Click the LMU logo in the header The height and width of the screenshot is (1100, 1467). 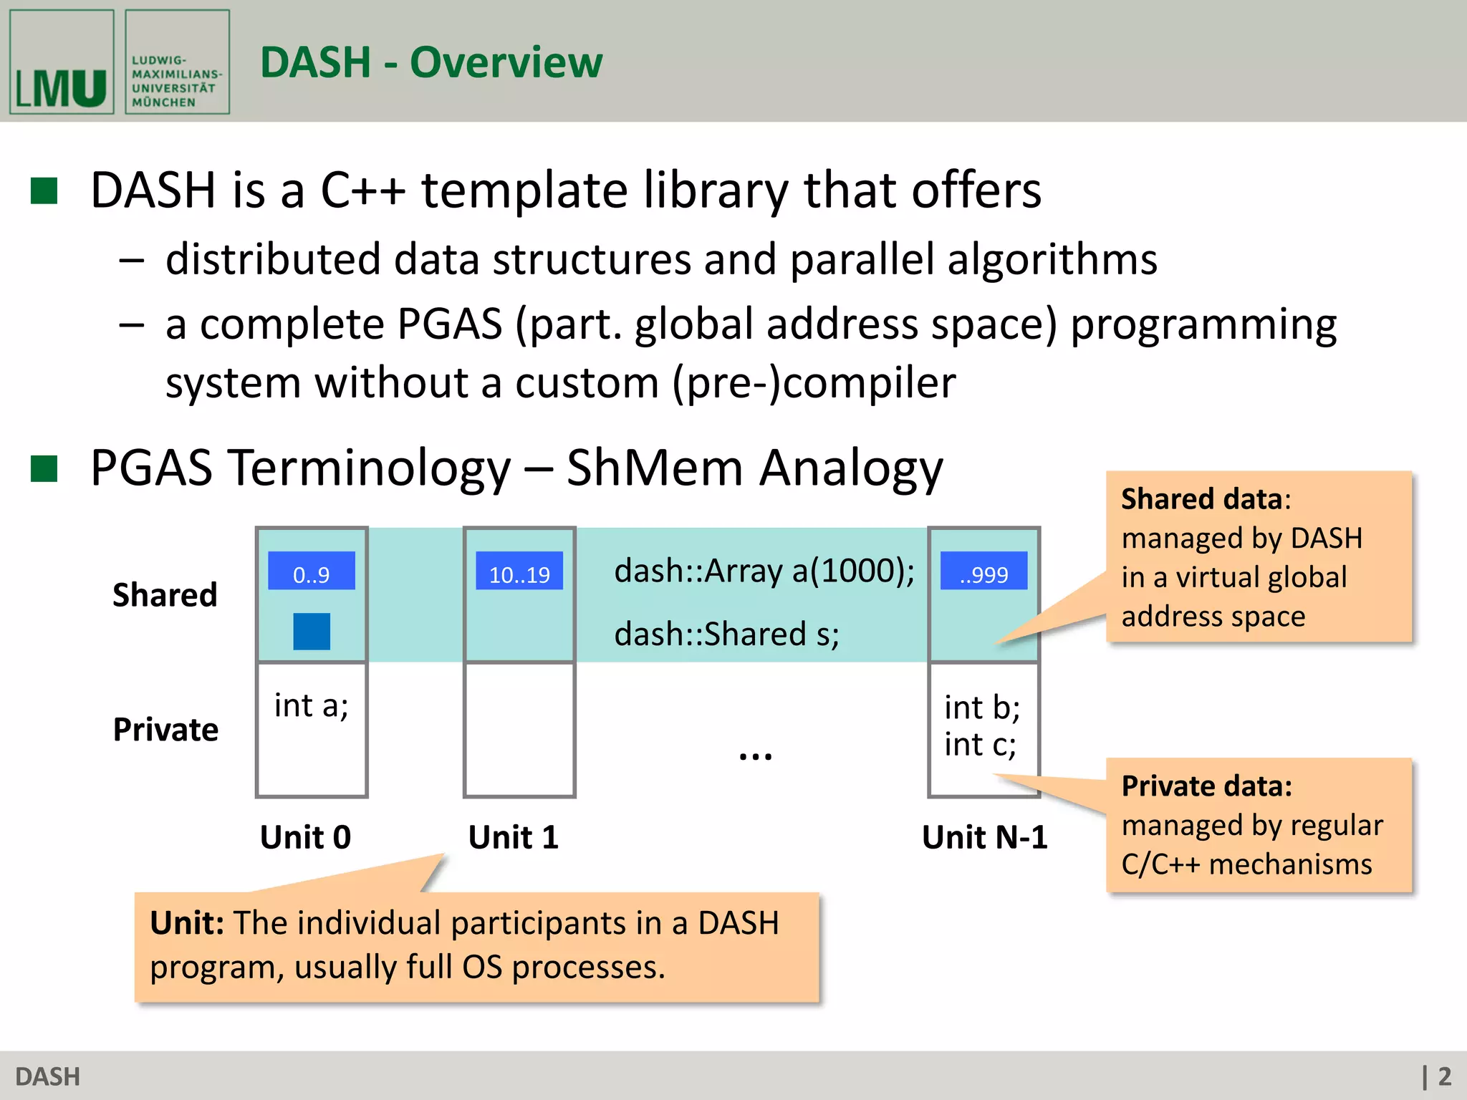(x=62, y=62)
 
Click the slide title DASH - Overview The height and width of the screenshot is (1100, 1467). (x=431, y=62)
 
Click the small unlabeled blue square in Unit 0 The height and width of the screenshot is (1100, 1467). (x=311, y=631)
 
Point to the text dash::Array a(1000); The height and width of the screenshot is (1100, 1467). (x=764, y=571)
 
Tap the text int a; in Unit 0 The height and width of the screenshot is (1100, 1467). (x=311, y=706)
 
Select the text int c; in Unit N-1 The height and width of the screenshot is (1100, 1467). (x=979, y=745)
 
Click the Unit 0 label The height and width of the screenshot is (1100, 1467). (x=305, y=837)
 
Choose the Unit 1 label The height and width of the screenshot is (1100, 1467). (x=513, y=837)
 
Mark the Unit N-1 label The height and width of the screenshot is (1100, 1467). (x=984, y=837)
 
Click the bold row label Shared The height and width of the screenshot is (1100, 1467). (x=165, y=595)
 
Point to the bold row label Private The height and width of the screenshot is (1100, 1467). (x=165, y=730)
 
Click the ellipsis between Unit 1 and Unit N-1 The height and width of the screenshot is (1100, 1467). (x=755, y=756)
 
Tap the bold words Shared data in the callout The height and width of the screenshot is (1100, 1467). (x=1201, y=499)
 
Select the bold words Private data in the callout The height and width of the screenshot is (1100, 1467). (x=1206, y=786)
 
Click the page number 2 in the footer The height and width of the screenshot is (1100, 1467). (x=1444, y=1076)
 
